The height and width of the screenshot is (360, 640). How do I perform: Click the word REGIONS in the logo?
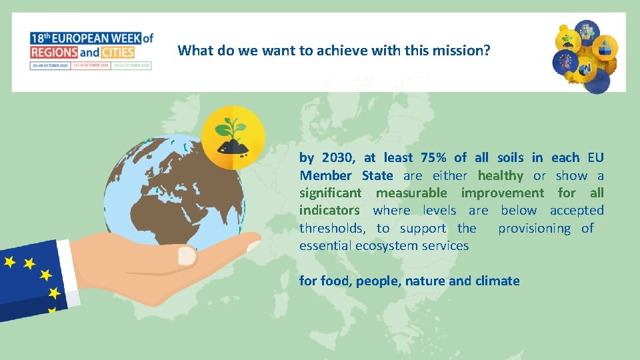tap(54, 52)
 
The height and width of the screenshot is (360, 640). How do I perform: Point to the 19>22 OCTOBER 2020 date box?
tap(131, 65)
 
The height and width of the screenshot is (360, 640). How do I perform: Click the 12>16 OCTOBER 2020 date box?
tap(91, 65)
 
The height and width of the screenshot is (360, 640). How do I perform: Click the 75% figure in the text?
tap(434, 158)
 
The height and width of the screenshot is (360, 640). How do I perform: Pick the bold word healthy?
tap(500, 175)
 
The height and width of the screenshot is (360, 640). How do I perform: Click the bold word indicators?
tap(329, 211)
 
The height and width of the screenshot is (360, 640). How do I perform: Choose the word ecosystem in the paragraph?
tap(387, 245)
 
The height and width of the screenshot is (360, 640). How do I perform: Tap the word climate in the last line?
tap(497, 281)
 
